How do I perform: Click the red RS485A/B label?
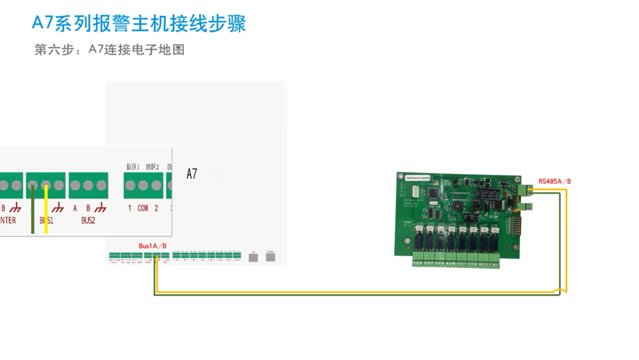tap(554, 181)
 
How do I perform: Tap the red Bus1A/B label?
tap(153, 246)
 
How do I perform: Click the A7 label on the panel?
tap(192, 174)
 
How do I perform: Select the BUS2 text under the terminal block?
tap(88, 220)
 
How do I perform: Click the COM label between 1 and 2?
tap(143, 208)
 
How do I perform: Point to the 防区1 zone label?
tap(133, 168)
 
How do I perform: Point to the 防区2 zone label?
tap(153, 168)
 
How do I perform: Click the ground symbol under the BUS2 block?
tap(101, 208)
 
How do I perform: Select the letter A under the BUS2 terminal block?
tap(75, 208)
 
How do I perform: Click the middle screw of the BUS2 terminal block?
tap(88, 185)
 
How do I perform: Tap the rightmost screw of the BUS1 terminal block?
tap(58, 185)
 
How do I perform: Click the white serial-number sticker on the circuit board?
tap(421, 177)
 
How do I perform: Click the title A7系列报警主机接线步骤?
tap(139, 23)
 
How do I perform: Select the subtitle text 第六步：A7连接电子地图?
tap(109, 50)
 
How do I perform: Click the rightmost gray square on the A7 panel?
tap(270, 258)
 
